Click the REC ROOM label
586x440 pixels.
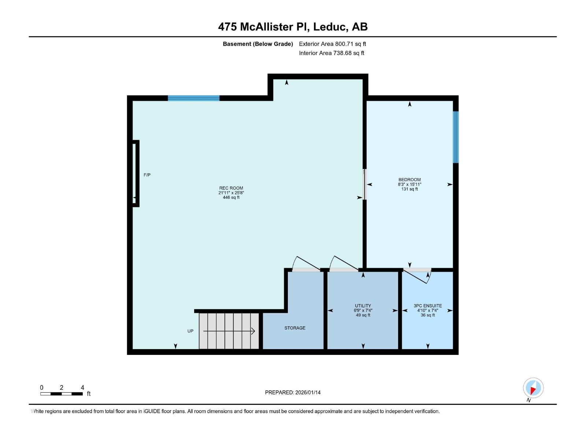pyautogui.click(x=231, y=188)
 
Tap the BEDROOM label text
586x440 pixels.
pyautogui.click(x=409, y=180)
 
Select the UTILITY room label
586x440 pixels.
pyautogui.click(x=363, y=305)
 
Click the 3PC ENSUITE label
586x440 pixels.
pyautogui.click(x=427, y=305)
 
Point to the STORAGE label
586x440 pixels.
pyautogui.click(x=294, y=328)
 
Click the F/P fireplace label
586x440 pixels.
pyautogui.click(x=147, y=175)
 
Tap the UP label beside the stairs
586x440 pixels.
pyautogui.click(x=190, y=331)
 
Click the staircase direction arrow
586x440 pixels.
pyautogui.click(x=229, y=331)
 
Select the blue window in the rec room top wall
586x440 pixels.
pyautogui.click(x=193, y=98)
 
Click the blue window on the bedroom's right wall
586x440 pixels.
pyautogui.click(x=456, y=137)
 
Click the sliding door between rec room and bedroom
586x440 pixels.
pyautogui.click(x=364, y=184)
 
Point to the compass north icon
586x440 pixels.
pyautogui.click(x=533, y=388)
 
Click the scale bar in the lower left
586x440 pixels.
pyautogui.click(x=62, y=393)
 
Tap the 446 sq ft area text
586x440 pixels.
pyautogui.click(x=231, y=197)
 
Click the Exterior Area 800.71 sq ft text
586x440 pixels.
pyautogui.click(x=332, y=44)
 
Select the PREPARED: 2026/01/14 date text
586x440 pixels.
pyautogui.click(x=293, y=392)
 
